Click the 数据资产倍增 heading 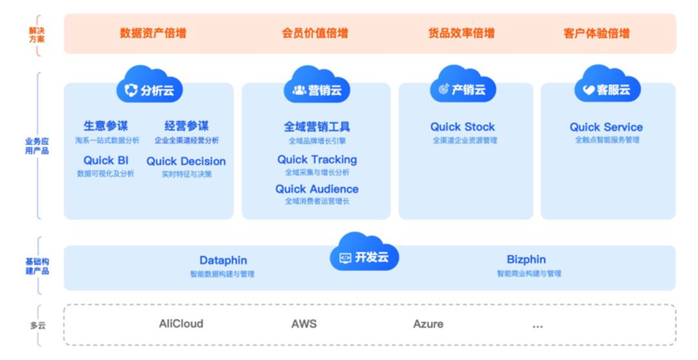153,34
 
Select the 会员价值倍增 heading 315,34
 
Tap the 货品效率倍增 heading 461,34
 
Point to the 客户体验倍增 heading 596,34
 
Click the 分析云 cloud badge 149,89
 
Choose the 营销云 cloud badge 317,89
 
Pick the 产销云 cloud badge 462,89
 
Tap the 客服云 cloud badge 607,89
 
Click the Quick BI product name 106,161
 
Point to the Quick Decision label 186,162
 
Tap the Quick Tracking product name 317,160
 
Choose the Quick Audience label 317,189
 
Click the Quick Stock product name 463,127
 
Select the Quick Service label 606,127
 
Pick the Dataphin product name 223,260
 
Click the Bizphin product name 526,260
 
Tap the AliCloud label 181,323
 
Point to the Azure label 428,324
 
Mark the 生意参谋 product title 105,127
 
